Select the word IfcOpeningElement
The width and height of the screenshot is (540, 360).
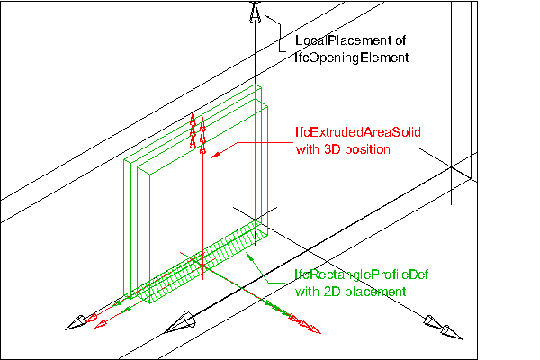tap(352, 58)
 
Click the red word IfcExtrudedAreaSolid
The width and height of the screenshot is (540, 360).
tap(358, 131)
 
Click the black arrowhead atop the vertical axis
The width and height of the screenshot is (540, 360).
tap(256, 13)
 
